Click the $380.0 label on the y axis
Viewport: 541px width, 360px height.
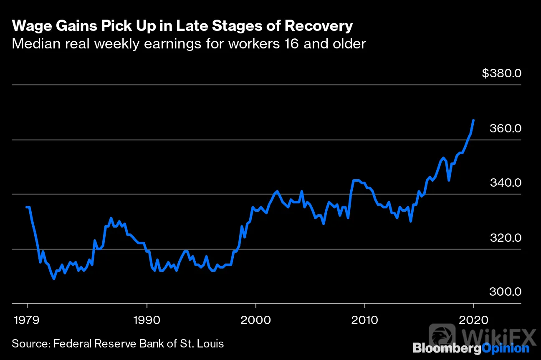502,73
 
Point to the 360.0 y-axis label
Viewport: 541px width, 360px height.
506,128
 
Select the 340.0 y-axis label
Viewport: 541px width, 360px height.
506,183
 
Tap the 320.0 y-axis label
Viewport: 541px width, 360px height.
506,238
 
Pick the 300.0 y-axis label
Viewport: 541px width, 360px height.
505,292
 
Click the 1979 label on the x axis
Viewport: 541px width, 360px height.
27,320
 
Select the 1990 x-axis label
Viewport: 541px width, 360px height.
147,320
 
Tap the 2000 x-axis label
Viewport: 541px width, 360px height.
255,320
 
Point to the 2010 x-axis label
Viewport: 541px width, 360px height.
364,320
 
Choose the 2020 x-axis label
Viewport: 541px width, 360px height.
473,320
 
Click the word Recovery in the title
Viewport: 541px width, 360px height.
319,26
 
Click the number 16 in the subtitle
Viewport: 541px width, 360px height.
292,44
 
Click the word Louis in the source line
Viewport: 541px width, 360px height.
210,344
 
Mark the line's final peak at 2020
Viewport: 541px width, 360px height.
474,120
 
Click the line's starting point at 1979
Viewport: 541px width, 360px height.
27,207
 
